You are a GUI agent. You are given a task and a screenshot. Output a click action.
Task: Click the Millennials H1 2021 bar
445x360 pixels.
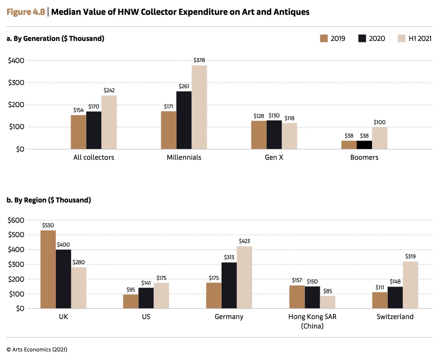pyautogui.click(x=199, y=107)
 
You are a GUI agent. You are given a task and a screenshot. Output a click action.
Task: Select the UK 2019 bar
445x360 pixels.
pyautogui.click(x=48, y=270)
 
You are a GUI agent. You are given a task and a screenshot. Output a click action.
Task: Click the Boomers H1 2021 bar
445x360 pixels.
pyautogui.click(x=379, y=138)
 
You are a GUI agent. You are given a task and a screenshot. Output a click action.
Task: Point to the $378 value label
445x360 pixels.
pyautogui.click(x=199, y=60)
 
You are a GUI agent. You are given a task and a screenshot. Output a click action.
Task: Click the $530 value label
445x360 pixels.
pyautogui.click(x=48, y=225)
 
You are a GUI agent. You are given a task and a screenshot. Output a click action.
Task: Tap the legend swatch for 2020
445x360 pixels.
pyautogui.click(x=362, y=38)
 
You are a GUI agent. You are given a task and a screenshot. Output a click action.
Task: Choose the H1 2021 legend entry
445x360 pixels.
pyautogui.click(x=414, y=38)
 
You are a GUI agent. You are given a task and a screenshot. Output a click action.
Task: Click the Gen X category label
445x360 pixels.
pyautogui.click(x=274, y=157)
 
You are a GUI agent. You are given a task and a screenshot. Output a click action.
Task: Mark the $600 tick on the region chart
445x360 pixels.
pyautogui.click(x=17, y=220)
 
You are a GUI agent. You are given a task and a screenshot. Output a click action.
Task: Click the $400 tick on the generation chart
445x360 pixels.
pyautogui.click(x=17, y=60)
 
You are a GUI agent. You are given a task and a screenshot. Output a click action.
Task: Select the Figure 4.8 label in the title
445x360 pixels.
pyautogui.click(x=26, y=12)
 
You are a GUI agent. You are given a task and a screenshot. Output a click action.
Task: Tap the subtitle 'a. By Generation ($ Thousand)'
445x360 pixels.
pyautogui.click(x=55, y=39)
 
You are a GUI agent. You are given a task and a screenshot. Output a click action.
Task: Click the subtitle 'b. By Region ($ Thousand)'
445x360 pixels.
pyautogui.click(x=49, y=200)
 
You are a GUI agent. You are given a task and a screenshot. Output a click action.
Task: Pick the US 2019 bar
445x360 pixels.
pyautogui.click(x=131, y=301)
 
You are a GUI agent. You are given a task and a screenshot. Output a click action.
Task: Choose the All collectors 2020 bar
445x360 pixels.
pyautogui.click(x=94, y=130)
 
